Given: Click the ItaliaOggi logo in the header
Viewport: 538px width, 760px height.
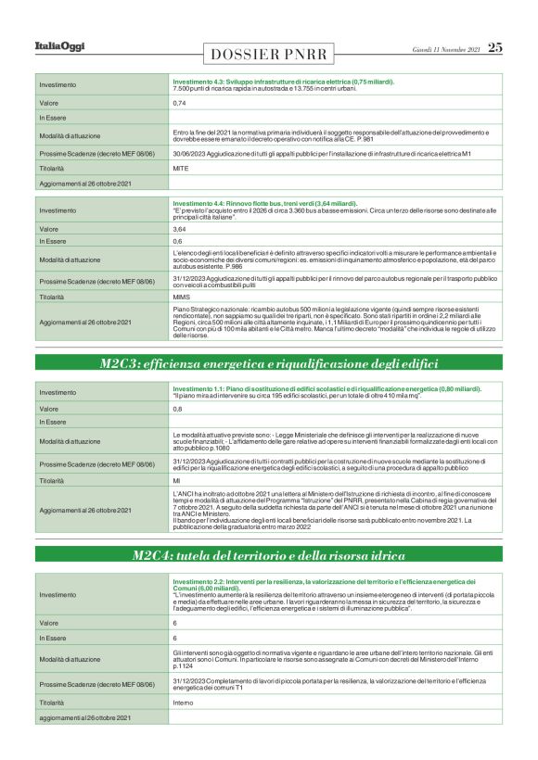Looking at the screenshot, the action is click(59, 46).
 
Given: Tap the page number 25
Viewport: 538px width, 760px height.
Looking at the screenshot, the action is click(495, 47).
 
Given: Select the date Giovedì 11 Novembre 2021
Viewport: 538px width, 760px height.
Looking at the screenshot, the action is click(446, 48).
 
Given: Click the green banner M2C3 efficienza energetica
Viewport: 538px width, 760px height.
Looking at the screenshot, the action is click(269, 363).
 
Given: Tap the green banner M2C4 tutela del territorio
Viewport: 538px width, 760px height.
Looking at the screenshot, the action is click(269, 555).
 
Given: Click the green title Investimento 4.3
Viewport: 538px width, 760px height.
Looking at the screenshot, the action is click(283, 82).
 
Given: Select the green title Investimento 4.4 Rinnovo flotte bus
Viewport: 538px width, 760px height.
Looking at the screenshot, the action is click(264, 203).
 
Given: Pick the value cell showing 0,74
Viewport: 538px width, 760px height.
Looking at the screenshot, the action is click(179, 103).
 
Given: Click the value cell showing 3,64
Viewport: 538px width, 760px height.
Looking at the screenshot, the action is click(179, 228).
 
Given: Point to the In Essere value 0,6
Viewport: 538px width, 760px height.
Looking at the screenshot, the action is click(177, 241).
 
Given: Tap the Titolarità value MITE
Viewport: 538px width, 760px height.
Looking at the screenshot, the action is click(181, 169).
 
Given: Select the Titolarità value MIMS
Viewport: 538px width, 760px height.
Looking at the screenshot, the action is click(182, 297).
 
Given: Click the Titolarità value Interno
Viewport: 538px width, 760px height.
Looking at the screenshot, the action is click(184, 703).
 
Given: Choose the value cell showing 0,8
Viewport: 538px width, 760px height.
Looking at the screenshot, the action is click(177, 408).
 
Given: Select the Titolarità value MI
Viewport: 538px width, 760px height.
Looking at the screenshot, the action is click(176, 481).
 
